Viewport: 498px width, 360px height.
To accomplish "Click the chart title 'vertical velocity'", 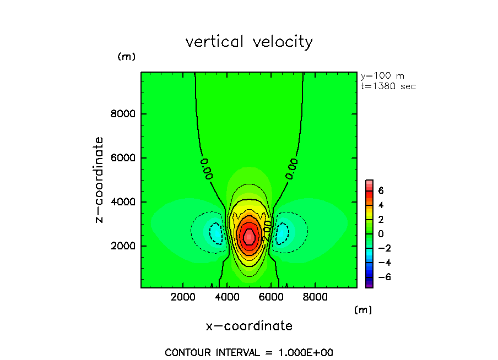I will coord(249,42).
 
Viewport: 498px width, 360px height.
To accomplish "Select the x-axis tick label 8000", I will coord(314,297).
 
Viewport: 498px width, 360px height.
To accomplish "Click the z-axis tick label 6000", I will coord(124,158).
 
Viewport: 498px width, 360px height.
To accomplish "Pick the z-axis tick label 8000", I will coord(124,114).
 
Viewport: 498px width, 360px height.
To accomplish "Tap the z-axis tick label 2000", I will coord(124,246).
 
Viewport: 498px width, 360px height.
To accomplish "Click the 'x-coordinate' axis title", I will coord(249,326).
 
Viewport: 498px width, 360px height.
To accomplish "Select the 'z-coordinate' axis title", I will coord(100,179).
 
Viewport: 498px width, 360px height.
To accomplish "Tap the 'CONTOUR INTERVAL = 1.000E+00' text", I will coord(249,352).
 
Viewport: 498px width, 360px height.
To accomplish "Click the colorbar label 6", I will coord(381,190).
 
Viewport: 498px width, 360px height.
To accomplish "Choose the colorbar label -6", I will coord(384,276).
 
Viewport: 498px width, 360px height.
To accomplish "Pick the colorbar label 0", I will coord(381,233).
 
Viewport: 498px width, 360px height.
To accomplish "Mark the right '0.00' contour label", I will coord(292,168).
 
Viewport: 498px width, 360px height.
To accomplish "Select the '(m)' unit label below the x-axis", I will coord(363,310).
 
